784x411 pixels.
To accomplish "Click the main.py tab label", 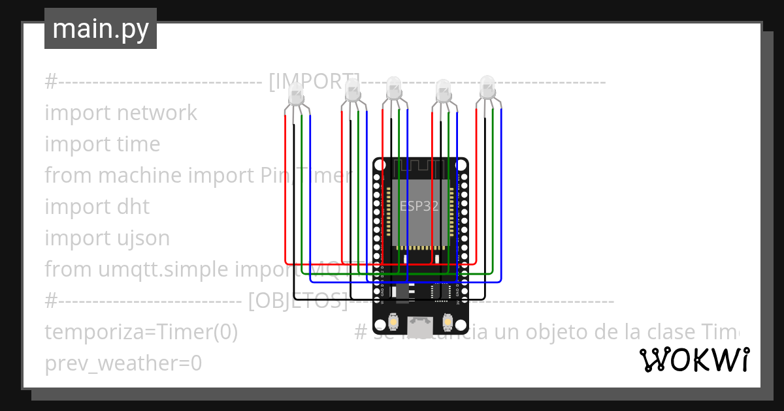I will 100,29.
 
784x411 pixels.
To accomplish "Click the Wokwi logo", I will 694,359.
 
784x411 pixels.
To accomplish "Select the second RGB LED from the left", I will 352,89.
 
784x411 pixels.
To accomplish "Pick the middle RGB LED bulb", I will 393,88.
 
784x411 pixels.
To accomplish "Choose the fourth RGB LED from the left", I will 443,90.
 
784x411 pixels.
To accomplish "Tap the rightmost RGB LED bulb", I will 487,87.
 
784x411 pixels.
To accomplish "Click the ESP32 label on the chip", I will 419,205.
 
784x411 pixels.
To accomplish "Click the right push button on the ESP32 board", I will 448,321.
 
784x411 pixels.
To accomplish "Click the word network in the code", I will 157,113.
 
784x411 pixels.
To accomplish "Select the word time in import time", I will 137,144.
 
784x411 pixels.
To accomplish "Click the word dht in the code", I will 133,207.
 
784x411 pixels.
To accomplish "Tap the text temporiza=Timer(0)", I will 141,332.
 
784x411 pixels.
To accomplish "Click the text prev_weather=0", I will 123,363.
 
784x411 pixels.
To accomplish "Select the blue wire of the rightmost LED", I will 501,196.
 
